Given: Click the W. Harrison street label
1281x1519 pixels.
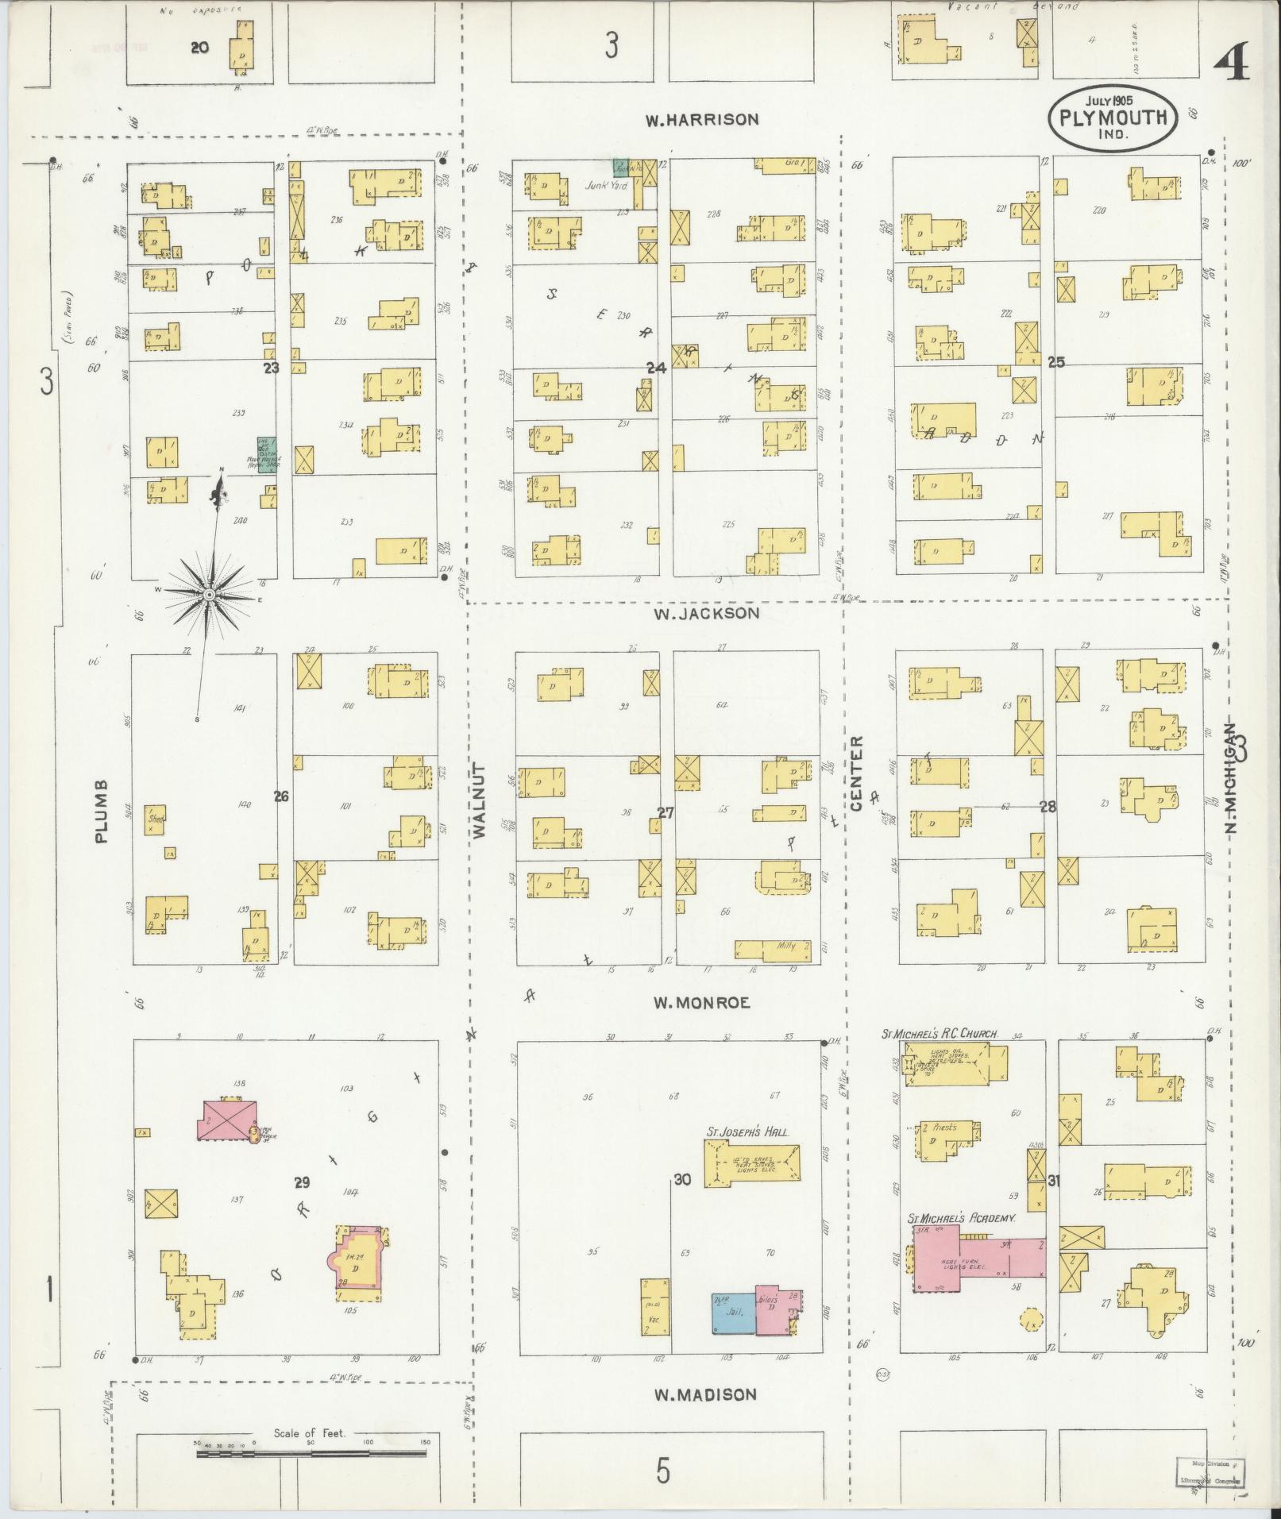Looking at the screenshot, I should point(701,120).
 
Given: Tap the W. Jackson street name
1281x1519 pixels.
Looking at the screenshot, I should point(706,613).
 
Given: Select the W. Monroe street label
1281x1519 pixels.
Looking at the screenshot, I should point(701,1003).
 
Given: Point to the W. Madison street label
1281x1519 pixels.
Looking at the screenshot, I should point(705,1394).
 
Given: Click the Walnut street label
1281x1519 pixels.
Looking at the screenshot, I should point(478,802).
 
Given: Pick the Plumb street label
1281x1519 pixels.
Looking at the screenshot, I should point(101,810).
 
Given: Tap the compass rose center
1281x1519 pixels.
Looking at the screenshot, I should point(209,594).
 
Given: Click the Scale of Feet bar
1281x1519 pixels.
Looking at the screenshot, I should point(311,1454).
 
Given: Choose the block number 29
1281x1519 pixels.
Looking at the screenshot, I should point(301,1205).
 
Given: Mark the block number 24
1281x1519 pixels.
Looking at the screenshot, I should point(656,368).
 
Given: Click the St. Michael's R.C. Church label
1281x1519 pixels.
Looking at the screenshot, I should point(939,1034).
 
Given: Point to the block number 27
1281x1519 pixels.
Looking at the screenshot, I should point(665,812).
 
